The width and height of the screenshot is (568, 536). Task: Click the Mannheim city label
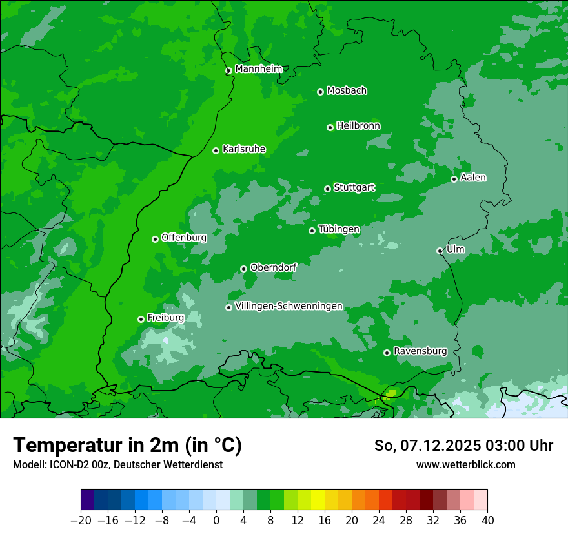click(x=259, y=69)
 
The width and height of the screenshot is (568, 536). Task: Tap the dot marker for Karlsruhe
click(x=216, y=150)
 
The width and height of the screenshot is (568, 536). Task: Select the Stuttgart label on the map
click(x=354, y=187)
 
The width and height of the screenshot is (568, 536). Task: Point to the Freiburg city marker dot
click(x=141, y=319)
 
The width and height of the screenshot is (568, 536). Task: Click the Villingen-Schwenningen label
click(x=289, y=306)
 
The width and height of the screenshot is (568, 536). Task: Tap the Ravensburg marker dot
click(x=387, y=353)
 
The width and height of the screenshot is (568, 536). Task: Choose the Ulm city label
click(x=455, y=249)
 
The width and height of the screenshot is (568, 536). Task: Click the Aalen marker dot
click(x=454, y=179)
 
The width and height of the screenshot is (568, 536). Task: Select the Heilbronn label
click(x=358, y=126)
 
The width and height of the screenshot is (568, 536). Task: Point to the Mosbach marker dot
click(x=320, y=92)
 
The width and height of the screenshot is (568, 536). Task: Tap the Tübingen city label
click(x=339, y=229)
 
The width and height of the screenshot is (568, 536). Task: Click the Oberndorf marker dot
click(x=243, y=269)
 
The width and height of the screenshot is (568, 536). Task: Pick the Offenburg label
click(x=184, y=238)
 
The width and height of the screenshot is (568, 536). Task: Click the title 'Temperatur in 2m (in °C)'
click(x=128, y=446)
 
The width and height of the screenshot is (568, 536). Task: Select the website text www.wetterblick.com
click(x=465, y=464)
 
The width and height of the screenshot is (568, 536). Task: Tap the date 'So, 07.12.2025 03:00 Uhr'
click(x=463, y=446)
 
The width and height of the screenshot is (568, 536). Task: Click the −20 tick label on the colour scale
click(x=81, y=521)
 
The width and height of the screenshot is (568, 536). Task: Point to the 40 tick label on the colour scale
click(x=487, y=521)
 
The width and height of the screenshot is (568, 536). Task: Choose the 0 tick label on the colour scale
click(x=216, y=521)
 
